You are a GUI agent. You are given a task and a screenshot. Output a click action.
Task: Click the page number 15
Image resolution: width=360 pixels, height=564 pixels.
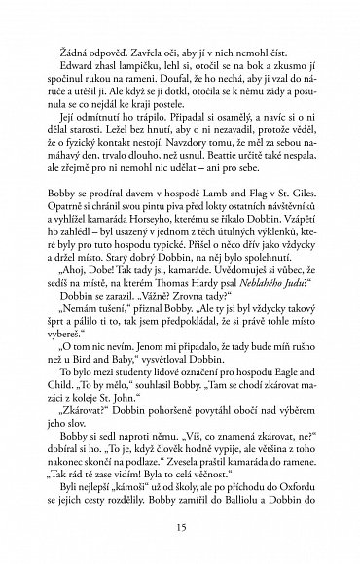pos(180,527)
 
